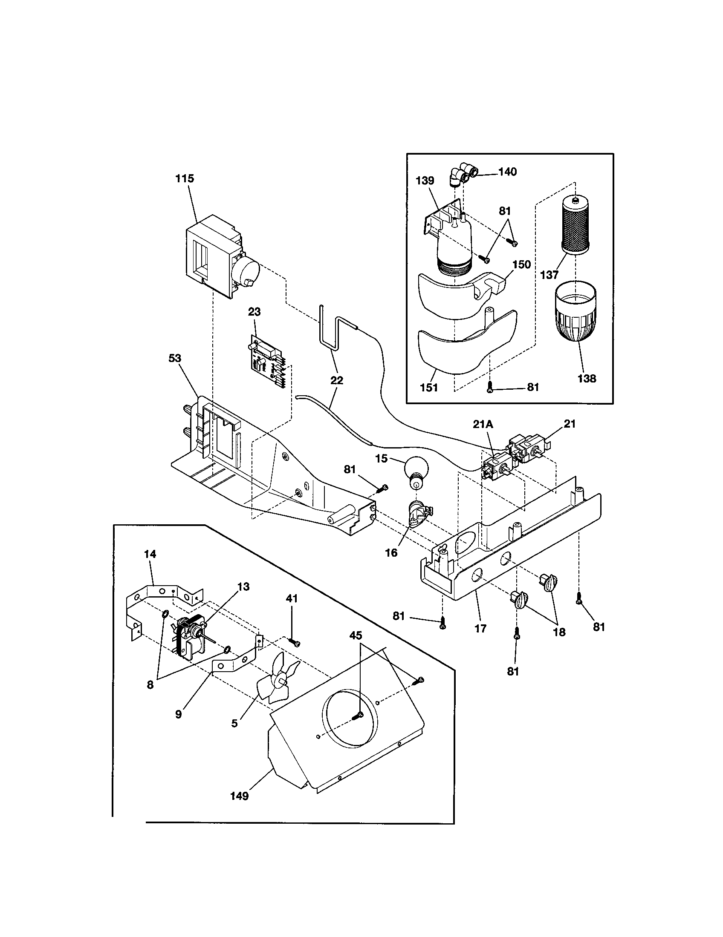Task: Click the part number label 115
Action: coord(185,178)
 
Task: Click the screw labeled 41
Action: coord(295,642)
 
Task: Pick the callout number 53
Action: coord(175,358)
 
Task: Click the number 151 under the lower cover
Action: coord(429,388)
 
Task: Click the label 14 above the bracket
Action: coord(150,554)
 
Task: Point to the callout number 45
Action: coord(356,636)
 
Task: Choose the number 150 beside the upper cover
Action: coord(521,265)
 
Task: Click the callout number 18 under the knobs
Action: coord(559,632)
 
